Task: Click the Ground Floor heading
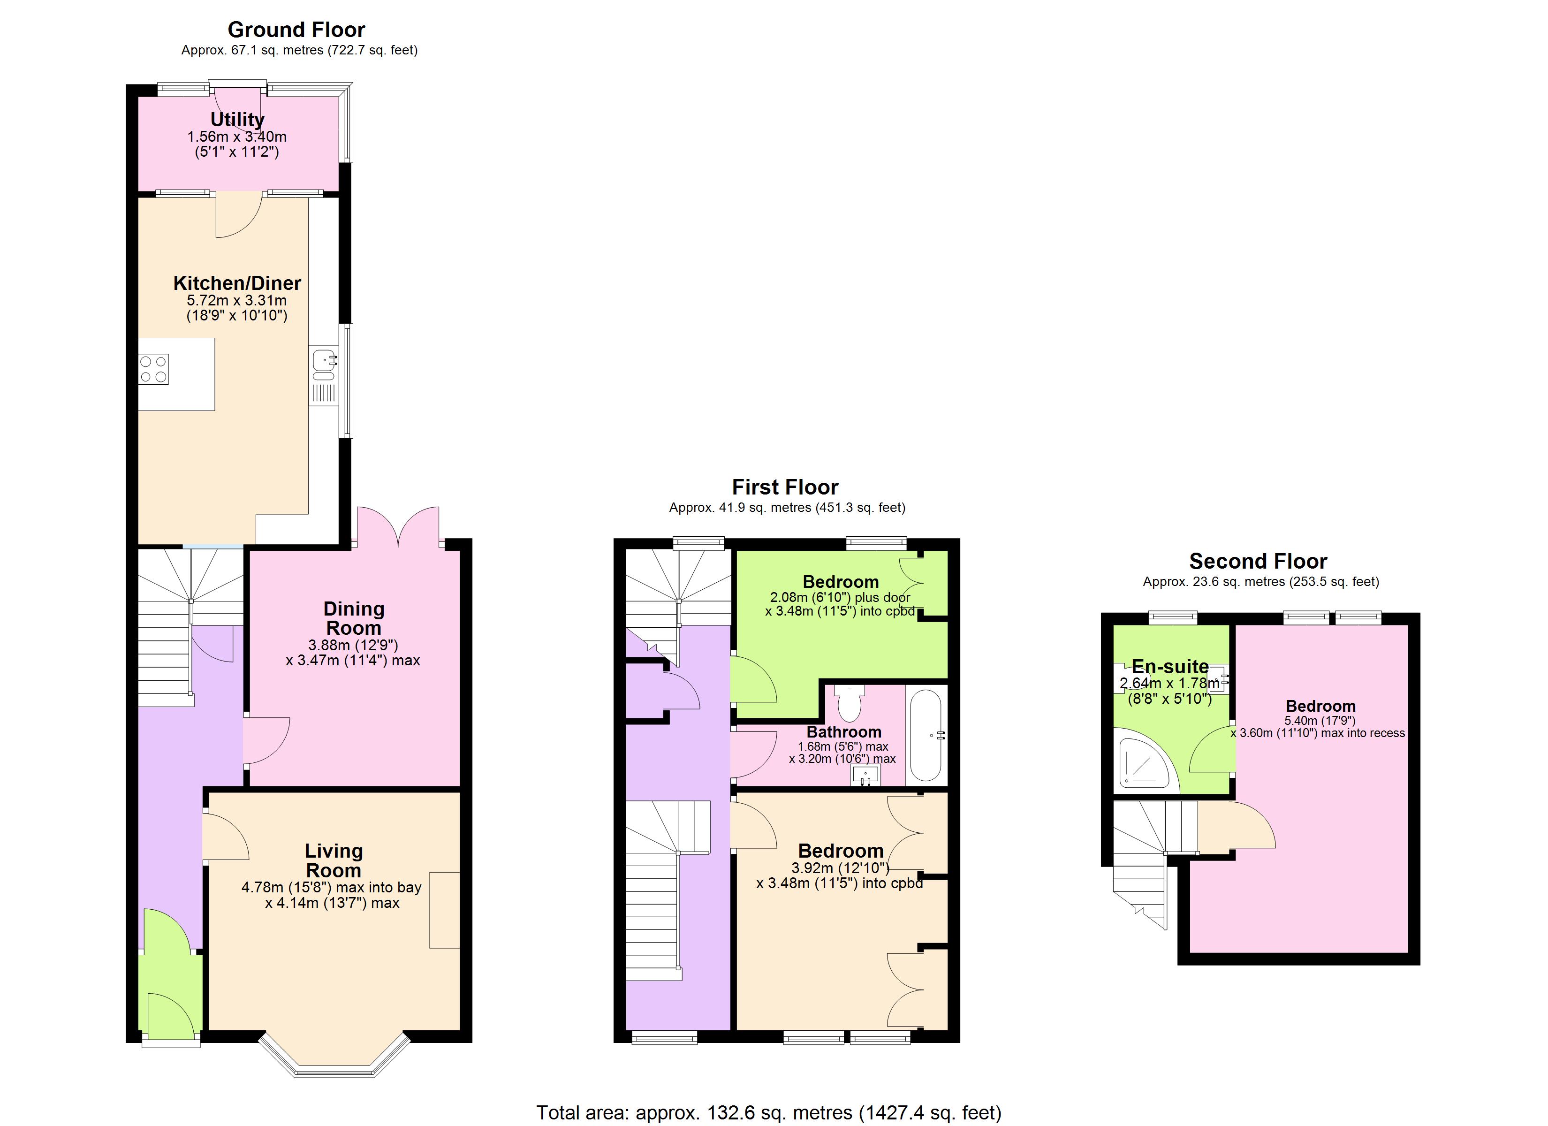coord(296,30)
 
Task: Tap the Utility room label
coord(237,120)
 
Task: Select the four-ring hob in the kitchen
coord(153,369)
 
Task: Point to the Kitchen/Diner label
coord(237,283)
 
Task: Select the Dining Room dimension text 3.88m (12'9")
coord(353,645)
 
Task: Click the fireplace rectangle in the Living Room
coord(444,910)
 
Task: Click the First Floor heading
coord(785,487)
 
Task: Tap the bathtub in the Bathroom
coord(926,735)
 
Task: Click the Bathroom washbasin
coord(865,776)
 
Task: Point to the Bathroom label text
coord(843,731)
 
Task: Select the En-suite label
coord(1170,666)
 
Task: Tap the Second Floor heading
coord(1258,561)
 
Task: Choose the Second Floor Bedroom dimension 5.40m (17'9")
coord(1320,720)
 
